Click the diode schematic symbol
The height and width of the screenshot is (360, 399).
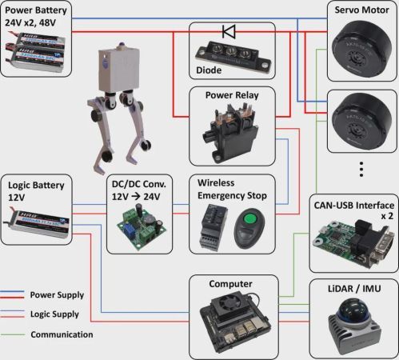[229, 32]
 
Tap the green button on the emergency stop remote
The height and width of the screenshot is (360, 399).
[249, 219]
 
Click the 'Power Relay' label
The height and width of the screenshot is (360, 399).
[232, 95]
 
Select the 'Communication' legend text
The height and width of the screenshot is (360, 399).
[62, 334]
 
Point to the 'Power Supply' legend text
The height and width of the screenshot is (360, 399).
[57, 295]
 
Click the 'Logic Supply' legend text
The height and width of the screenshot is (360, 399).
[54, 314]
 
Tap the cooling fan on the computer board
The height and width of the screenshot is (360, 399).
[226, 302]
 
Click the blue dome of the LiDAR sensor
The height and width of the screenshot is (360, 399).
[354, 310]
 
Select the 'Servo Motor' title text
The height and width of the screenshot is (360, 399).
[361, 10]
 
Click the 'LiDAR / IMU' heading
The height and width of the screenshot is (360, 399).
[354, 289]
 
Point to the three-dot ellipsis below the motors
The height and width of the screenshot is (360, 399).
[361, 169]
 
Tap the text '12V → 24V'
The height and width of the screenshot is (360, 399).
[136, 197]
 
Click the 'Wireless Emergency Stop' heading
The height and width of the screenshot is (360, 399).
[232, 190]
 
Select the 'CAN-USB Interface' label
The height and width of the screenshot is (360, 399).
[354, 206]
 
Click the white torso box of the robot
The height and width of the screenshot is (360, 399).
[118, 70]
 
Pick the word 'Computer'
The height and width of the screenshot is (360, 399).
[230, 284]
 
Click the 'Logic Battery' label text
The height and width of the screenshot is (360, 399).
[36, 185]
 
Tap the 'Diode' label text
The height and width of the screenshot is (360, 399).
[209, 70]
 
